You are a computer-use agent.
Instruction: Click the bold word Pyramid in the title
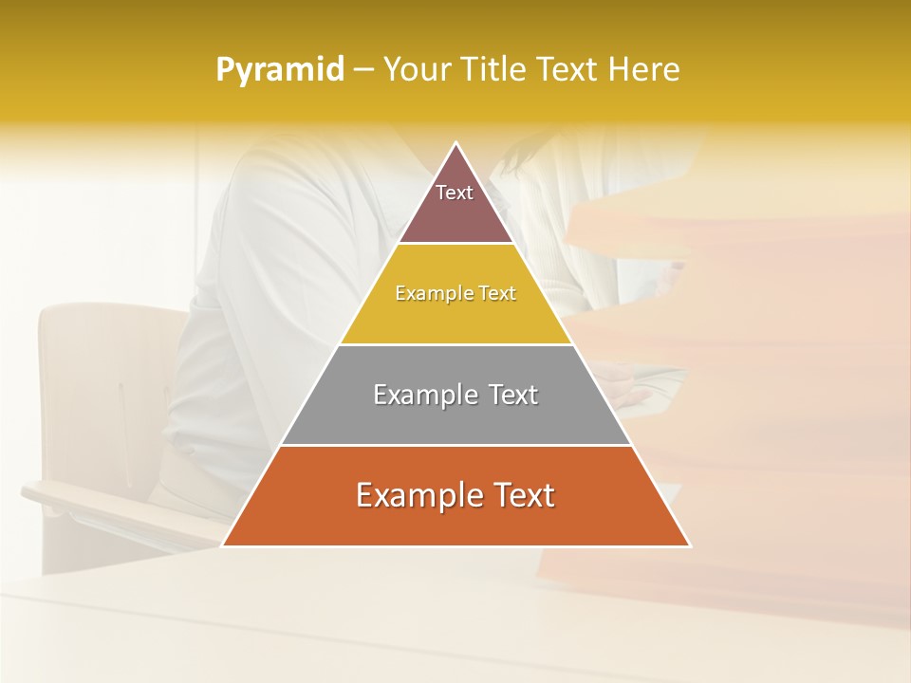click(x=279, y=70)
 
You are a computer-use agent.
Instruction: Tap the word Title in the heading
click(x=496, y=70)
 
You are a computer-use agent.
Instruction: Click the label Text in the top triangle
click(x=455, y=193)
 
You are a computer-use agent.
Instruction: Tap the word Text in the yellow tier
click(x=496, y=294)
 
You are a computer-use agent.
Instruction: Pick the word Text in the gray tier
click(x=513, y=395)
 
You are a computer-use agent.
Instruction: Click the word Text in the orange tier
click(x=523, y=495)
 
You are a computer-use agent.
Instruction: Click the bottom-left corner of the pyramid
click(x=223, y=545)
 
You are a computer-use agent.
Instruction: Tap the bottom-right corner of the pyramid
click(x=689, y=545)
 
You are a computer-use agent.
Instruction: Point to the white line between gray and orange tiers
click(x=456, y=445)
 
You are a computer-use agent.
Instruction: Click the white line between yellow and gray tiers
click(x=456, y=344)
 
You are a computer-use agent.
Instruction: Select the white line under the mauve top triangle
click(x=456, y=244)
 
